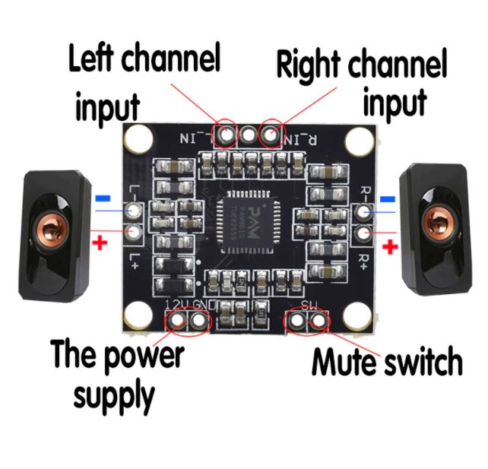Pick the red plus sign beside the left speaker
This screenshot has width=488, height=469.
point(98,243)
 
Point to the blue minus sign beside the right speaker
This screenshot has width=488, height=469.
point(387,199)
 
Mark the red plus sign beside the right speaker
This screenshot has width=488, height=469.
point(390,246)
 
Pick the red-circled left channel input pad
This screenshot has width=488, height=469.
point(226,135)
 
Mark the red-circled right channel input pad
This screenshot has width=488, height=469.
point(271,135)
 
